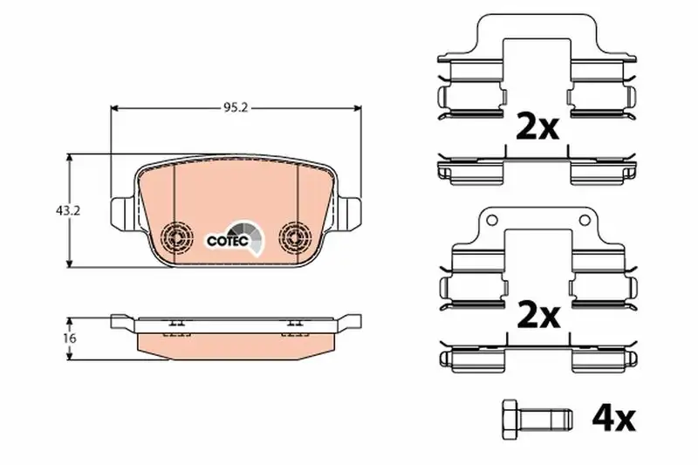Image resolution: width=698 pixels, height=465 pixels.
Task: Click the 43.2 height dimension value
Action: tap(68, 211)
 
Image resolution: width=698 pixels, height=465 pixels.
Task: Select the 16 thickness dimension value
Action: tap(70, 338)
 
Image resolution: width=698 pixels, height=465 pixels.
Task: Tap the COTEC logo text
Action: tap(228, 241)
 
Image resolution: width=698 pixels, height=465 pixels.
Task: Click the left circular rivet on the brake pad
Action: tap(177, 236)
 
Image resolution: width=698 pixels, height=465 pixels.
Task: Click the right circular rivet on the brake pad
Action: tap(294, 236)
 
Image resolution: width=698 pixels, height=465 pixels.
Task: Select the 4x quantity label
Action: tap(613, 418)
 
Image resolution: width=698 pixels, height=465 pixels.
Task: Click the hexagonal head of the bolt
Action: tap(510, 419)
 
